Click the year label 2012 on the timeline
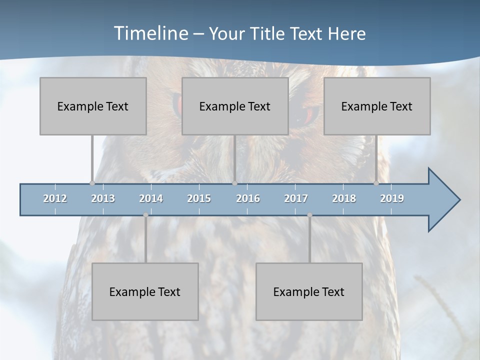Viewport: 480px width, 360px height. (55, 198)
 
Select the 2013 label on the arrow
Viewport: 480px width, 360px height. (103, 198)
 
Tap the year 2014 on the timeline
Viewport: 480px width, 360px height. (151, 198)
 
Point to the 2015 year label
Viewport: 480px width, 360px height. (199, 198)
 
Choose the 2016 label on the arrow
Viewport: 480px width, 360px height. (248, 198)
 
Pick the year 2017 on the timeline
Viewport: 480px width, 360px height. (296, 198)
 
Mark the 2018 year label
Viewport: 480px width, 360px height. (344, 198)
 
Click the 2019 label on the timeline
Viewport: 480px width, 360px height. (392, 198)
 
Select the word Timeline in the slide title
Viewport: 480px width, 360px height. (150, 33)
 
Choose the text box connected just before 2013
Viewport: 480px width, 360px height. (93, 106)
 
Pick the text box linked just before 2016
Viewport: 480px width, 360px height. (235, 106)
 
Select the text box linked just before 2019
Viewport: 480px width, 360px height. (377, 106)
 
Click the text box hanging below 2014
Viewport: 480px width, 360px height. (145, 291)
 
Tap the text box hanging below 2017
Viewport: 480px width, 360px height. (309, 291)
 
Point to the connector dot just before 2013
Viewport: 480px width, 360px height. (92, 183)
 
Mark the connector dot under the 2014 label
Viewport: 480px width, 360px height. (145, 215)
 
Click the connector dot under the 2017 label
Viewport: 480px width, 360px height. (309, 215)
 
